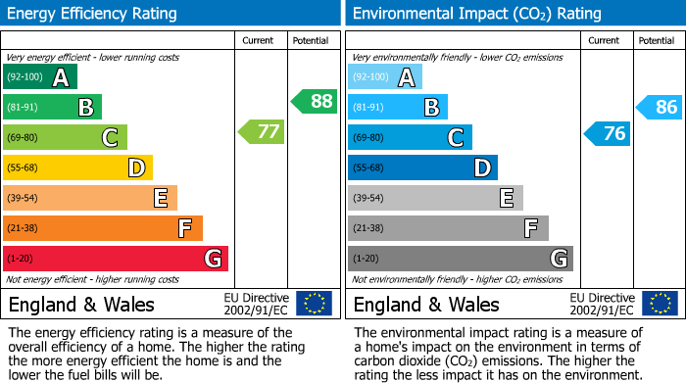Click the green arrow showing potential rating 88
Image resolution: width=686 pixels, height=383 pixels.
[x=314, y=101]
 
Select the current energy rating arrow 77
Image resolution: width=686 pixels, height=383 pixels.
[x=263, y=131]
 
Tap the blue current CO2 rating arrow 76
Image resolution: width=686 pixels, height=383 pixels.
[x=608, y=133]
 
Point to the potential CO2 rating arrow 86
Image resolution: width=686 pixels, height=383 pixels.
[x=660, y=108]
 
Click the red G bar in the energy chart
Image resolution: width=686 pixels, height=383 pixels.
[x=115, y=259]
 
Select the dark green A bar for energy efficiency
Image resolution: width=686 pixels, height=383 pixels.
[x=39, y=76]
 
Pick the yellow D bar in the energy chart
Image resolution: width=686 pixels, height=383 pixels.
[x=77, y=168]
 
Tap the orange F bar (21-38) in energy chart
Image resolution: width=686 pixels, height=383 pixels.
[x=102, y=228]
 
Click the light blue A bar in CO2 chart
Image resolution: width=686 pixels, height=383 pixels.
[x=384, y=76]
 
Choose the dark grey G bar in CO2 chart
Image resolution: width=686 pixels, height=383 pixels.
[x=460, y=259]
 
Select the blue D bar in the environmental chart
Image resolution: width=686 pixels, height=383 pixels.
[x=422, y=168]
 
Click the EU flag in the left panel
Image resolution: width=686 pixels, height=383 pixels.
[x=314, y=304]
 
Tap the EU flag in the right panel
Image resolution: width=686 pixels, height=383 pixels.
[x=659, y=304]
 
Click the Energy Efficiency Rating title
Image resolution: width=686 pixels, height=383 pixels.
[x=93, y=14]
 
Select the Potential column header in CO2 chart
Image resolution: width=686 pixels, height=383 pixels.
[x=656, y=40]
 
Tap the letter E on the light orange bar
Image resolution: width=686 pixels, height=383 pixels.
[x=160, y=198]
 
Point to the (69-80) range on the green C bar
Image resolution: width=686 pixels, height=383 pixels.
[x=23, y=137]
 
